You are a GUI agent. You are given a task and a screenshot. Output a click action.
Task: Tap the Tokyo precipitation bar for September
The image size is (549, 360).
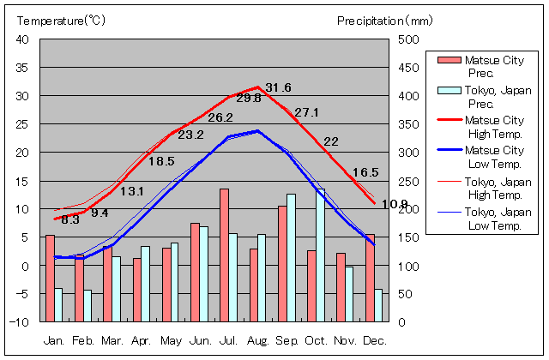[x=291, y=257]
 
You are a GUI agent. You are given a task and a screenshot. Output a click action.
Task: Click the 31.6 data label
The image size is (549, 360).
[x=278, y=87]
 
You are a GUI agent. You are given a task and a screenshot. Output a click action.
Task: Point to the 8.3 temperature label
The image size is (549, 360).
[x=70, y=219]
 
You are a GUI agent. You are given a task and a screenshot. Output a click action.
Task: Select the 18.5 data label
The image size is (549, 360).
[x=161, y=161]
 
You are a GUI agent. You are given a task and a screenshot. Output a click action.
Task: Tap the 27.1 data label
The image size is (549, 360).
[x=306, y=112]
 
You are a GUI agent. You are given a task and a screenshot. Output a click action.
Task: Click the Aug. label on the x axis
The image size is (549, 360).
[x=258, y=340]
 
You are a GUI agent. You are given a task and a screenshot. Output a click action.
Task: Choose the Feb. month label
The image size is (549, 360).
[x=83, y=340]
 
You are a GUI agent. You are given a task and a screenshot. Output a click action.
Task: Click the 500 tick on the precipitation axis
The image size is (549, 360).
[x=408, y=39]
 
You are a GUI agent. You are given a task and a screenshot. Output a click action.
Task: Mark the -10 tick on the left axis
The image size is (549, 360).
[x=20, y=322]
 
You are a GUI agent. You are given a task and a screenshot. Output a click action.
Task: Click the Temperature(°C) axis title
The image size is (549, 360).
[x=61, y=20]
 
